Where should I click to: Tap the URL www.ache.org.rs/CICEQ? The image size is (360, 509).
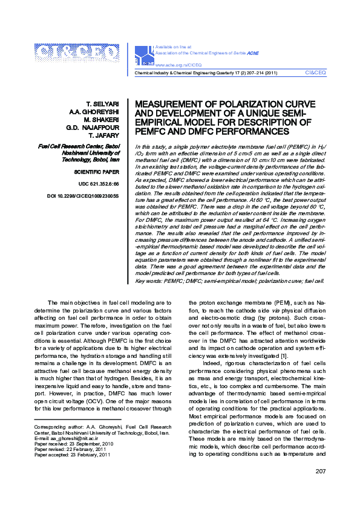pos(179,63)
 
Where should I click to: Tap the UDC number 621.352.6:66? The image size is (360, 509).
pos(99,183)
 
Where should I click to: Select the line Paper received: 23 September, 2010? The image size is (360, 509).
pos(74,443)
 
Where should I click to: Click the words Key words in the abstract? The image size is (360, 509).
pos(148,281)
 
